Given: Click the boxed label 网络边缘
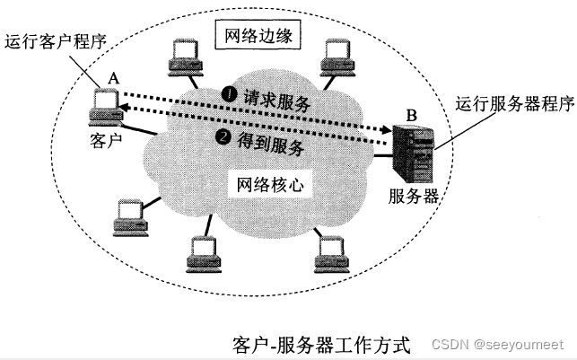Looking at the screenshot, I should click(x=258, y=38).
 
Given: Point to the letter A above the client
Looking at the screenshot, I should click(x=113, y=78).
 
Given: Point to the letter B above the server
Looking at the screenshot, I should click(x=411, y=115).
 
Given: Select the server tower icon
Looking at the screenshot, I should click(x=415, y=153).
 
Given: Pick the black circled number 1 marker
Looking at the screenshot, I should click(x=229, y=93).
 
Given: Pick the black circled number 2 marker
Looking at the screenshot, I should click(x=223, y=137).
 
